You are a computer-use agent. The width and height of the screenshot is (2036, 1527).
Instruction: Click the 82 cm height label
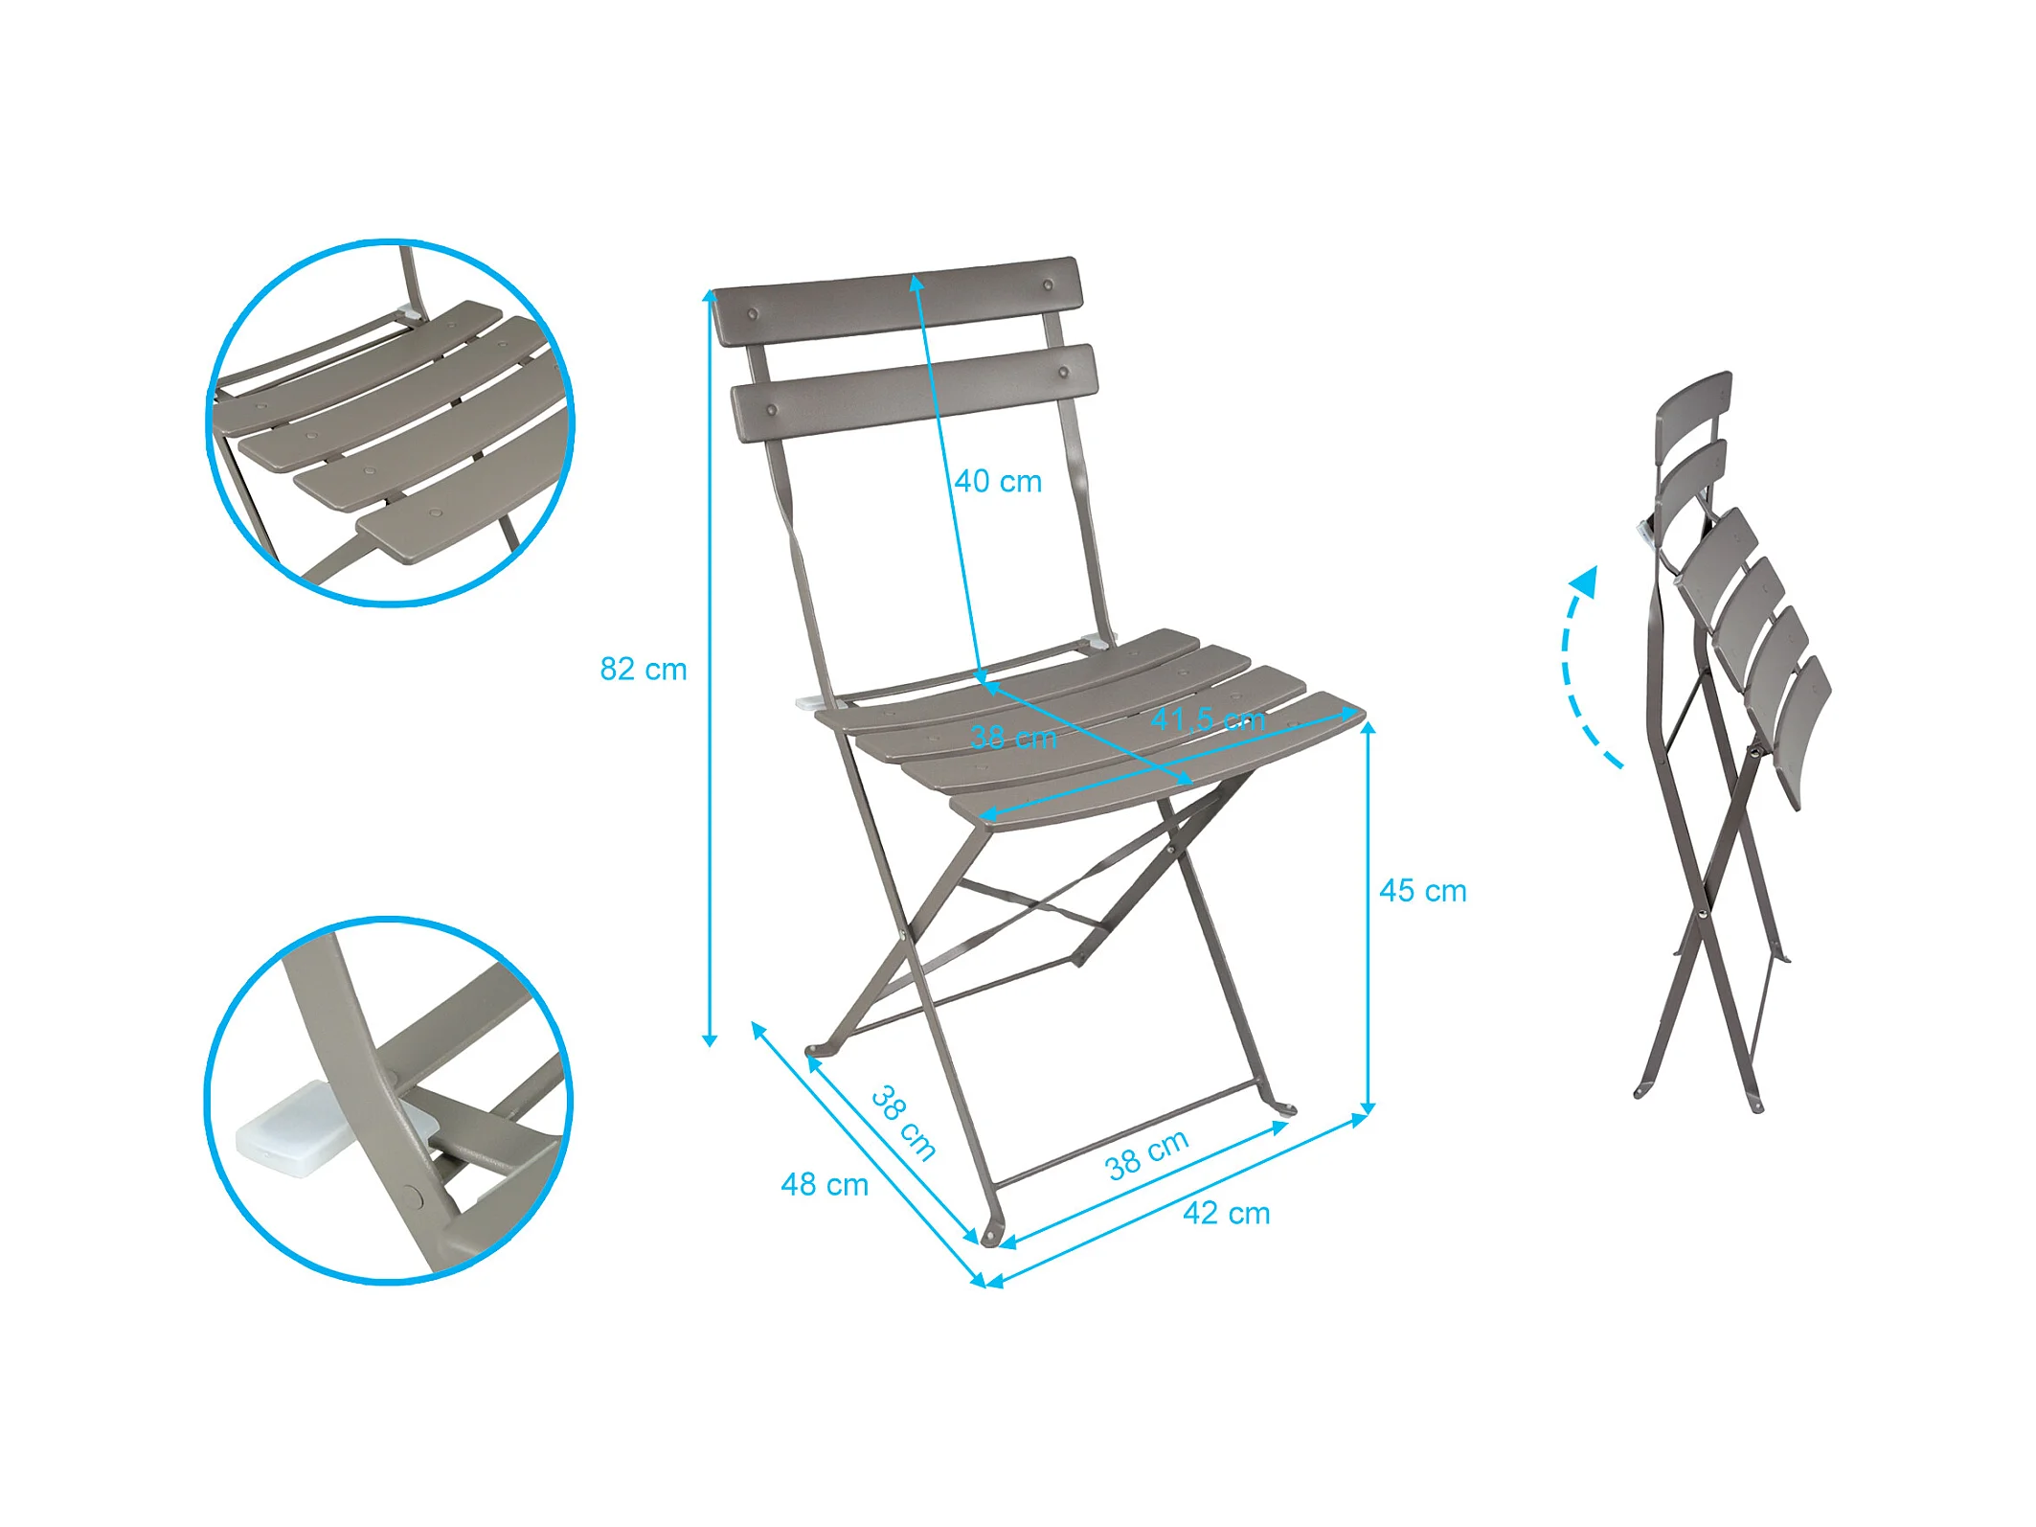click(644, 669)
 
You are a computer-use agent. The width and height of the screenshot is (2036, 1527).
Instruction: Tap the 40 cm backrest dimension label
click(998, 481)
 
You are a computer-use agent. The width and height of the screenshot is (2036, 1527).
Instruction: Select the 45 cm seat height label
click(1422, 891)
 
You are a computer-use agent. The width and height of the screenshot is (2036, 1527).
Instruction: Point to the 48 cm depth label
click(825, 1185)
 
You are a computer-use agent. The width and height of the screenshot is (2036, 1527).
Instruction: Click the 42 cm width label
click(1227, 1214)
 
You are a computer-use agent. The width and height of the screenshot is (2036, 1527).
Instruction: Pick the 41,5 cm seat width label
click(1208, 718)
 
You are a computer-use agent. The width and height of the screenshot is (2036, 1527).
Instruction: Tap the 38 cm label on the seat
click(1013, 737)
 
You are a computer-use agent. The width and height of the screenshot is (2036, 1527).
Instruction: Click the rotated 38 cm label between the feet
click(903, 1123)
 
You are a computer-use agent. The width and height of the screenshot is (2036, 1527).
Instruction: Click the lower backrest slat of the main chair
click(915, 393)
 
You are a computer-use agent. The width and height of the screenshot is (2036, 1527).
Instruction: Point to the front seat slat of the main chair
click(1157, 760)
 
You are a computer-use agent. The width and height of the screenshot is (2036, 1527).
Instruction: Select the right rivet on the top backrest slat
click(1048, 285)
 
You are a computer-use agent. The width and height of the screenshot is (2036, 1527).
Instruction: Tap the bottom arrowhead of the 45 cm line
click(1369, 1108)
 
